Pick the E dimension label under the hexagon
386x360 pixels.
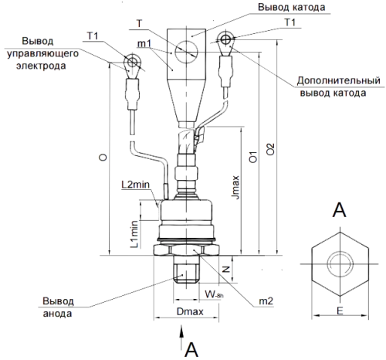tap(339, 309)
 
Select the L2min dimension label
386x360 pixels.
tap(140, 184)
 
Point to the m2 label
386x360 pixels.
tap(265, 301)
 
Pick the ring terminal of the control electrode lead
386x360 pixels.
tap(132, 62)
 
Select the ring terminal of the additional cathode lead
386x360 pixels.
tap(225, 39)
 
